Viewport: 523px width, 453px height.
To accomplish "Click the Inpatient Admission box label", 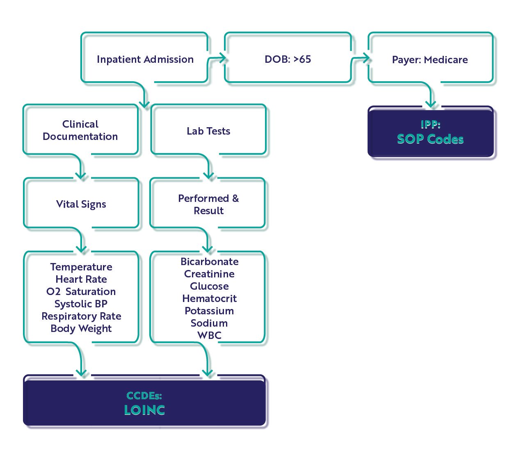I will pyautogui.click(x=145, y=59).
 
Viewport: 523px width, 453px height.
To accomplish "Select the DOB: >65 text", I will pyautogui.click(x=288, y=59).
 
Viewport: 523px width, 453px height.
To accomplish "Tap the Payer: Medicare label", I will pyautogui.click(x=429, y=60).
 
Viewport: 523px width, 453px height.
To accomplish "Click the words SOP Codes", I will pyautogui.click(x=430, y=139).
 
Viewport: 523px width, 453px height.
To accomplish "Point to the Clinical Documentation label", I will pyautogui.click(x=80, y=130).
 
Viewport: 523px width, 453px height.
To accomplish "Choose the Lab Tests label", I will pyautogui.click(x=208, y=131).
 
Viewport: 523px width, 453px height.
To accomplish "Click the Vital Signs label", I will pyautogui.click(x=81, y=204).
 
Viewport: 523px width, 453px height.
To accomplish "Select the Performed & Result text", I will pyautogui.click(x=208, y=204).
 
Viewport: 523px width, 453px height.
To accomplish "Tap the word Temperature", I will pyautogui.click(x=81, y=267).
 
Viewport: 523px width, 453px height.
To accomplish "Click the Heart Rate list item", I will pyautogui.click(x=81, y=279).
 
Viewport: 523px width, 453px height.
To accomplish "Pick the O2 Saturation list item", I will pyautogui.click(x=81, y=292).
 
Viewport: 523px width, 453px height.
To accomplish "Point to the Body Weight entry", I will pyautogui.click(x=81, y=329).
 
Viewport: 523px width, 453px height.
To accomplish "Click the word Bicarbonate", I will pyautogui.click(x=209, y=262).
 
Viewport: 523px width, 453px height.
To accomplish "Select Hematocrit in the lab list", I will pyautogui.click(x=209, y=299).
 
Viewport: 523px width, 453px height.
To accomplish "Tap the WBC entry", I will pyautogui.click(x=209, y=335).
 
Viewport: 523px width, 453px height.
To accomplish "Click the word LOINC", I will pyautogui.click(x=144, y=410).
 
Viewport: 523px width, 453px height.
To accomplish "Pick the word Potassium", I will pyautogui.click(x=209, y=311).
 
